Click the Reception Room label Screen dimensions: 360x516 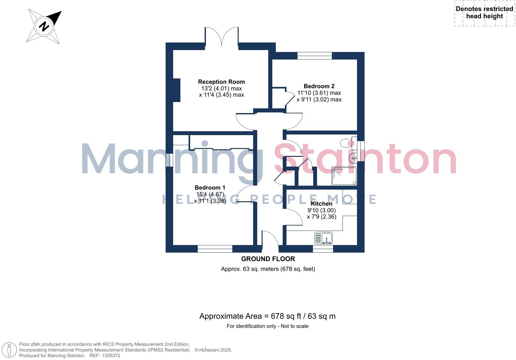pyautogui.click(x=221, y=82)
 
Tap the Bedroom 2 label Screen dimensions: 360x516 pyautogui.click(x=319, y=86)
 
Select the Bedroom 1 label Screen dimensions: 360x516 pyautogui.click(x=210, y=187)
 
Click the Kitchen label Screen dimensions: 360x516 pyautogui.click(x=321, y=204)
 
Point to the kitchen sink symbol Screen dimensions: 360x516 pyautogui.click(x=323, y=238)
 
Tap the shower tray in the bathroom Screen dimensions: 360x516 pyautogui.click(x=344, y=176)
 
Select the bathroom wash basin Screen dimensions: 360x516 pyautogui.click(x=353, y=157)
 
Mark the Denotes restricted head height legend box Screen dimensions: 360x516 pyautogui.click(x=484, y=13)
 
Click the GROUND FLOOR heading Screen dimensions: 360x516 pyautogui.click(x=268, y=259)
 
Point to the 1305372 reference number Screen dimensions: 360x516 pyautogui.click(x=109, y=356)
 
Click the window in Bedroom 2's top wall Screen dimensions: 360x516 pyautogui.click(x=315, y=56)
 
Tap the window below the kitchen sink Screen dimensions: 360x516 pyautogui.click(x=323, y=249)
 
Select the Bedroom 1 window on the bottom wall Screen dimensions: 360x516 pyautogui.click(x=215, y=249)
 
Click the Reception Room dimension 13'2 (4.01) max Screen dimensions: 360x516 pyautogui.click(x=221, y=89)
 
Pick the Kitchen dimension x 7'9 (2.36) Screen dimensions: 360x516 pyautogui.click(x=321, y=217)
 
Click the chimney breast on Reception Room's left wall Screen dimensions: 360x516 pyautogui.click(x=177, y=90)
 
